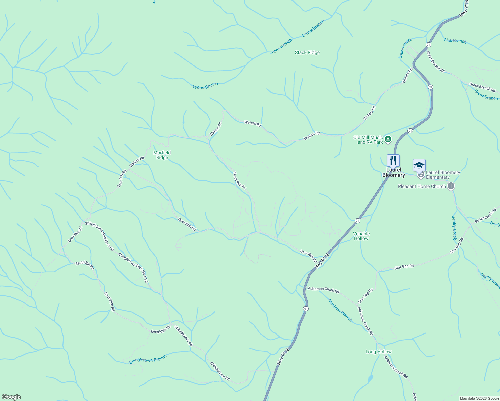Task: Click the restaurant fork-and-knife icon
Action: pos(393,160)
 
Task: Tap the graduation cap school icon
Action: pos(419,165)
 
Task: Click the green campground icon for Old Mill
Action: pos(388,139)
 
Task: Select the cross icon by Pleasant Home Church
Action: pos(451,186)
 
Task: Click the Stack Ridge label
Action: pos(307,52)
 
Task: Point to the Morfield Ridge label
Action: pos(162,155)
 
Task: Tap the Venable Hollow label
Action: pos(361,236)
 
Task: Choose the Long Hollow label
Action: pos(378,352)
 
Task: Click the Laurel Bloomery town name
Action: pos(394,172)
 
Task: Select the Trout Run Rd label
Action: pos(239,181)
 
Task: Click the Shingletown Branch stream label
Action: pos(148,359)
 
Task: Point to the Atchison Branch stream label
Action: pos(340,310)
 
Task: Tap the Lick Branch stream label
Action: pos(455,41)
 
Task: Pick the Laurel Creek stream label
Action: pos(405,48)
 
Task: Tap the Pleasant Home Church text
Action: pos(422,186)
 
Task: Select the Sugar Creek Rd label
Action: pos(485,214)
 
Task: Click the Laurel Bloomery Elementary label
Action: pos(443,175)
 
